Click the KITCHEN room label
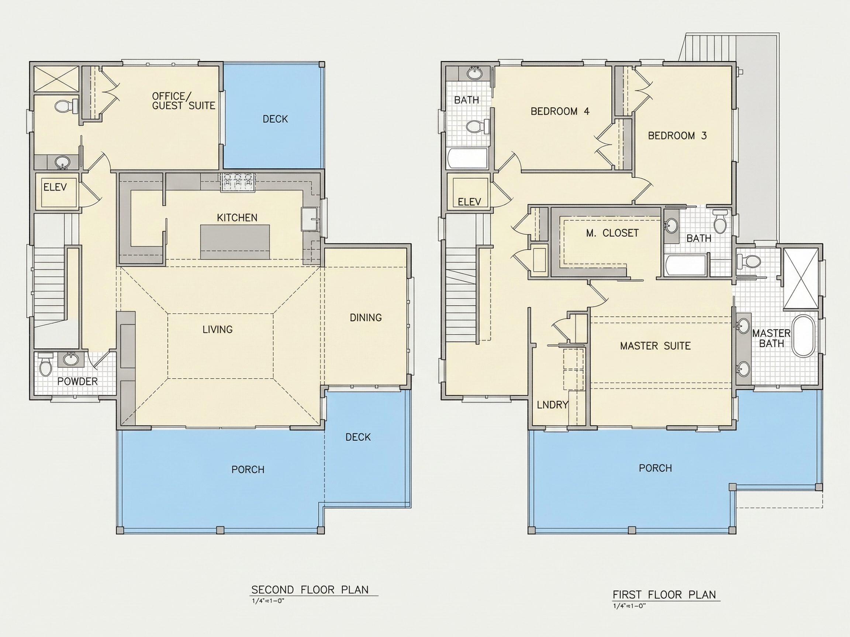(x=237, y=218)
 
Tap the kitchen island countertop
(x=235, y=242)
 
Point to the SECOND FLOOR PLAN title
(x=310, y=590)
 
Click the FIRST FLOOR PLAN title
(x=664, y=595)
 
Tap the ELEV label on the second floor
(x=55, y=187)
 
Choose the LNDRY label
(x=553, y=405)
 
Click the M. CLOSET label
(x=612, y=233)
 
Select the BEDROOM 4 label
(x=560, y=111)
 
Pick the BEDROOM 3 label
(x=677, y=136)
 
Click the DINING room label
(x=366, y=317)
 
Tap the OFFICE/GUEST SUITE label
(x=183, y=101)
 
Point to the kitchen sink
(x=308, y=219)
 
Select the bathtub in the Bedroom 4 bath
(x=468, y=158)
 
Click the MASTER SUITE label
(x=656, y=346)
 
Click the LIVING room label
(x=218, y=330)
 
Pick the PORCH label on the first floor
(x=656, y=468)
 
